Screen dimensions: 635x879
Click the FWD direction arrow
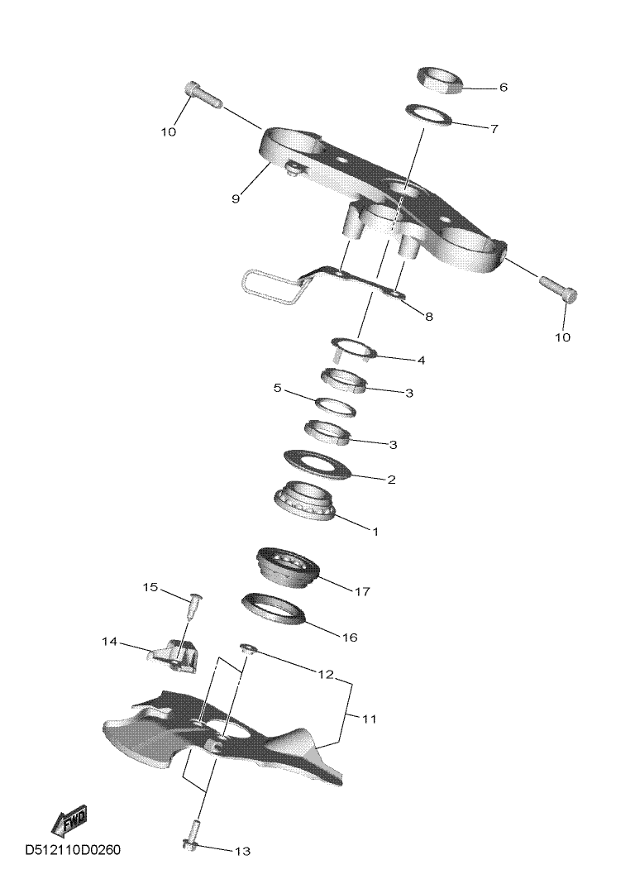pos(69,820)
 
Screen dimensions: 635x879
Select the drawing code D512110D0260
pos(72,850)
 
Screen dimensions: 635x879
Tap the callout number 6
pos(503,88)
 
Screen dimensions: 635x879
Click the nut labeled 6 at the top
pos(441,80)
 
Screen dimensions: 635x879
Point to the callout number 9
pos(236,198)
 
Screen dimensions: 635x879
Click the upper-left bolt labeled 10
pos(202,95)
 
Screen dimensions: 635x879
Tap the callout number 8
pos(429,317)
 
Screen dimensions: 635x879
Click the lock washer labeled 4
pos(352,349)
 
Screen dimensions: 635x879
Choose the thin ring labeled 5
pos(336,407)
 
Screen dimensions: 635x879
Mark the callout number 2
pos(391,480)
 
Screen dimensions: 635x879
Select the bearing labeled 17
pos(288,566)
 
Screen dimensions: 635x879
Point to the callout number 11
pos(370,718)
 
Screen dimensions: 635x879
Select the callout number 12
pos(326,675)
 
